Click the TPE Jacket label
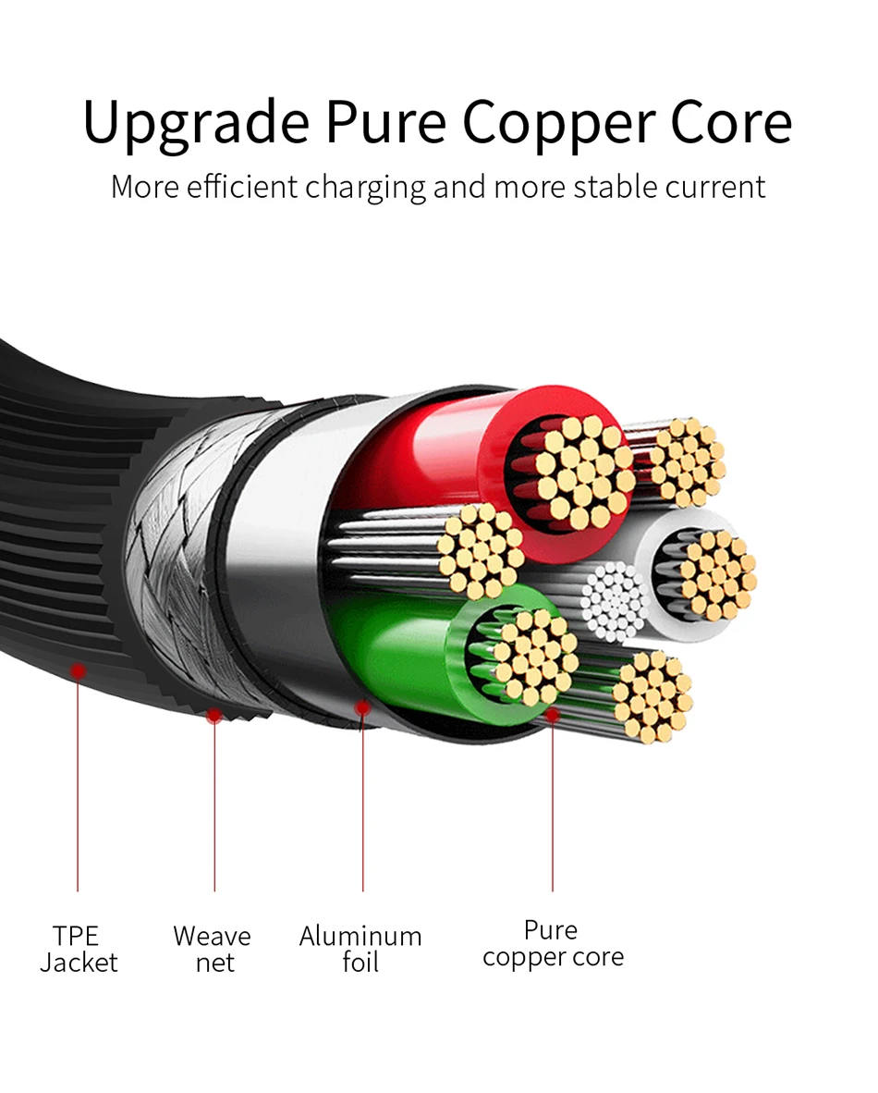pos(78,949)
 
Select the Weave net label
pos(213,949)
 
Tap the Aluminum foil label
pos(360,949)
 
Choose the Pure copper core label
pos(553,943)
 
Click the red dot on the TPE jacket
pos(79,669)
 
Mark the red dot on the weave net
pos(213,715)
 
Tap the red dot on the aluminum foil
pos(362,707)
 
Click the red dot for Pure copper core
pos(553,714)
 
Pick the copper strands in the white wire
pos(716,573)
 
